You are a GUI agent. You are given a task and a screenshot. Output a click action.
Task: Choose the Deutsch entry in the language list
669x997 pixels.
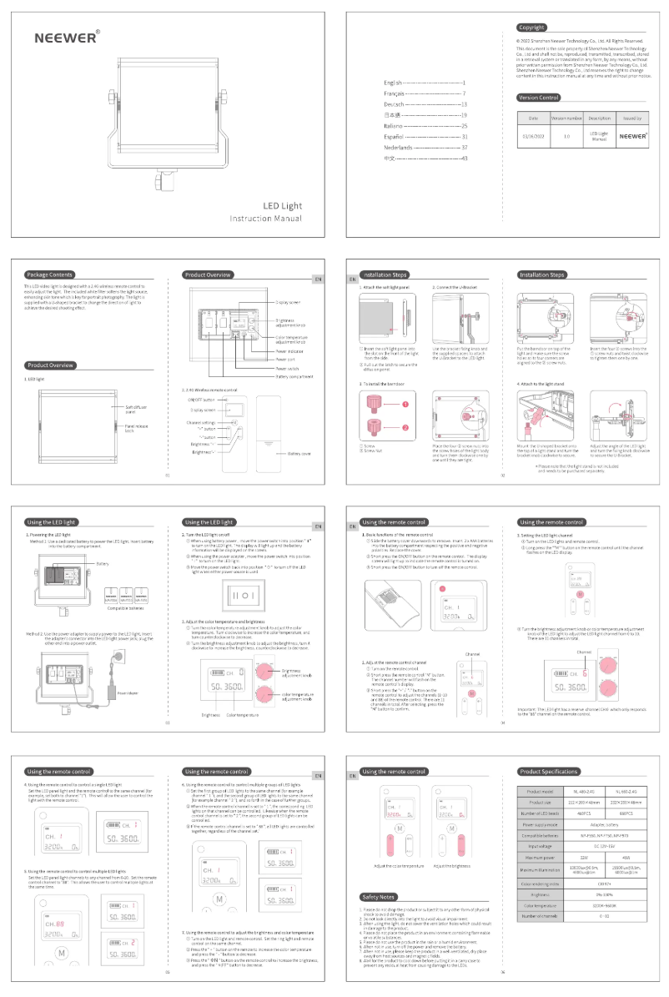[x=396, y=104]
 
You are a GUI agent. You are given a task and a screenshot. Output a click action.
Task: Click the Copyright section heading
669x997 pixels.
[x=531, y=28]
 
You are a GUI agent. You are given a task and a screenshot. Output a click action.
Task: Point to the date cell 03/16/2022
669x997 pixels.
[x=533, y=134]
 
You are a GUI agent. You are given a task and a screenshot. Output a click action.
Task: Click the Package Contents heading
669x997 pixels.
[x=49, y=274]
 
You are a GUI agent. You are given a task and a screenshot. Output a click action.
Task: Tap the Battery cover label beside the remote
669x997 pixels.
[x=299, y=454]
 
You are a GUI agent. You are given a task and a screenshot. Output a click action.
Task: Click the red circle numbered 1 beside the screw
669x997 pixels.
[x=406, y=405]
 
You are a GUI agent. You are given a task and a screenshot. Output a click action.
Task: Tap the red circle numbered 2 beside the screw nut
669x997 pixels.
[x=406, y=428]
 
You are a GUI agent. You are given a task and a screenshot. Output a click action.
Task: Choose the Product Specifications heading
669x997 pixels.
[x=547, y=772]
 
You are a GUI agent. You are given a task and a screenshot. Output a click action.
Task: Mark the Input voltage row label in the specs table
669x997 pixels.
[x=541, y=842]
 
